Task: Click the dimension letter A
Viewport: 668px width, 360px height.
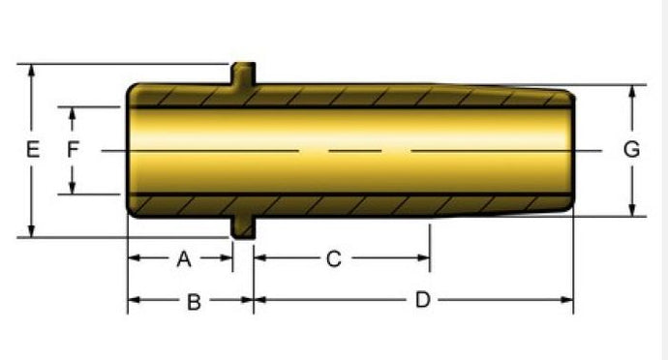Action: tap(184, 258)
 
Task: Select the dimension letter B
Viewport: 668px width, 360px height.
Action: tap(194, 302)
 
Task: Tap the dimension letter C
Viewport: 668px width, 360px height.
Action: tap(334, 258)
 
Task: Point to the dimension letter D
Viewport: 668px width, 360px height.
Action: tap(422, 300)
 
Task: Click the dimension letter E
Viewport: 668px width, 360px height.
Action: tap(33, 150)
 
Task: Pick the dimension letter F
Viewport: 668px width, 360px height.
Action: tap(73, 150)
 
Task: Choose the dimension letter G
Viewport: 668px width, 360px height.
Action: tap(631, 150)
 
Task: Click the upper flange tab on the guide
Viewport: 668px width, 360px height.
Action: tap(243, 74)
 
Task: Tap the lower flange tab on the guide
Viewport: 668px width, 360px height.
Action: tap(243, 227)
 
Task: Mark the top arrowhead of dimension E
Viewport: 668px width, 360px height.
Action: tap(31, 72)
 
